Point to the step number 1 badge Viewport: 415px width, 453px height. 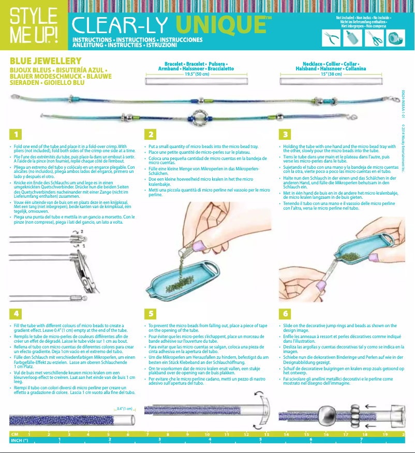click(x=16, y=135)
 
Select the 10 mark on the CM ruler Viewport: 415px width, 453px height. click(x=207, y=433)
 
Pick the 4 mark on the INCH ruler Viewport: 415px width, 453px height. click(x=210, y=440)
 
